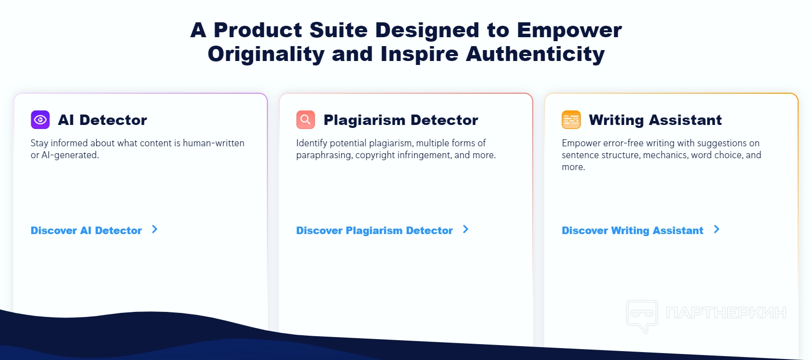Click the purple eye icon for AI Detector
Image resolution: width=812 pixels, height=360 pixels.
click(x=40, y=120)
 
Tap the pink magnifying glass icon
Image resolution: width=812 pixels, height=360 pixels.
click(x=306, y=120)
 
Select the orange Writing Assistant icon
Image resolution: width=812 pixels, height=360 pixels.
click(x=571, y=120)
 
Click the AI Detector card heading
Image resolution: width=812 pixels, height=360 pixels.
click(x=103, y=120)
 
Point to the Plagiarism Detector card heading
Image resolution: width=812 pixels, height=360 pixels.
click(x=401, y=120)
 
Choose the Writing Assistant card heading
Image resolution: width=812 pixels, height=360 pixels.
click(x=655, y=120)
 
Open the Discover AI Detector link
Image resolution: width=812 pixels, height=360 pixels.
click(x=86, y=230)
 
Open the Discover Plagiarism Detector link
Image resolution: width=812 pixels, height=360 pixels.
click(x=375, y=230)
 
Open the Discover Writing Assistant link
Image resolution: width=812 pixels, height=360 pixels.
click(x=632, y=230)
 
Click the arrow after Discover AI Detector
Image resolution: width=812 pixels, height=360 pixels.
click(x=155, y=229)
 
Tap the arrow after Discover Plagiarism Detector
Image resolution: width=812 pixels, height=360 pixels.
click(x=466, y=229)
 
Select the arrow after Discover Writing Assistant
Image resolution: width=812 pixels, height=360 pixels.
click(x=717, y=229)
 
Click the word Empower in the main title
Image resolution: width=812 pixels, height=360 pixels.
click(x=569, y=30)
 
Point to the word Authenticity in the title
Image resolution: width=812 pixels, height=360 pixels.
click(x=535, y=54)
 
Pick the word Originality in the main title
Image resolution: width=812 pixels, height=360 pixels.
click(x=266, y=54)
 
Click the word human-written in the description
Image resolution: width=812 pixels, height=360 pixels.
click(x=213, y=143)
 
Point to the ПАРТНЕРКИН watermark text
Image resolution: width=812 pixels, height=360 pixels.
click(x=726, y=312)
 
